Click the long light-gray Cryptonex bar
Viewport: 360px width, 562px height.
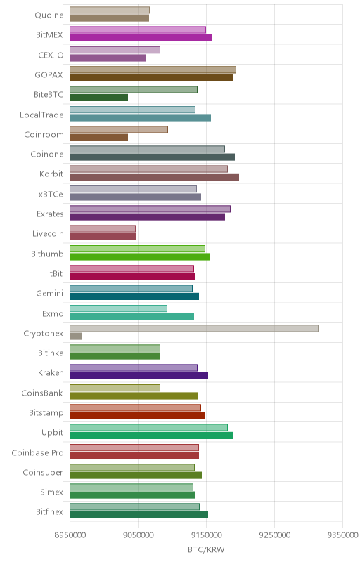[194, 328]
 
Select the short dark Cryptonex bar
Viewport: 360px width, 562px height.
[76, 336]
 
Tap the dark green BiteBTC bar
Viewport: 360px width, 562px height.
[98, 98]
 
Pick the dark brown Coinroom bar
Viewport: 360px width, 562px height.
[98, 137]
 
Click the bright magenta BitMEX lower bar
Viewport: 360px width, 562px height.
[141, 38]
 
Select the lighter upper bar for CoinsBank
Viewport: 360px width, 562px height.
[115, 388]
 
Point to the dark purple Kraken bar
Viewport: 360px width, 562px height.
[139, 376]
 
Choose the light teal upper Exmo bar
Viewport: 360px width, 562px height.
[118, 308]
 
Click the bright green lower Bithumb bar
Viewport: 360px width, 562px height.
[140, 256]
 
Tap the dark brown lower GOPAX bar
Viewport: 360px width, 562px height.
[151, 78]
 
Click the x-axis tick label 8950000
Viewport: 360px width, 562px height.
[70, 535]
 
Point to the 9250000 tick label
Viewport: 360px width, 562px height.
[275, 535]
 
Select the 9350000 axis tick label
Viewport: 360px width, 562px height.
[343, 535]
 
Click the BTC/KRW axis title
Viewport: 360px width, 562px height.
[206, 550]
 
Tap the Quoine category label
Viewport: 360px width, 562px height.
[49, 15]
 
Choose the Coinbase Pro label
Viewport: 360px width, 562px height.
[37, 452]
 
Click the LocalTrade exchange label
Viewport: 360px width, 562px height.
[41, 115]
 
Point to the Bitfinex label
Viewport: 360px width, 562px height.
[49, 512]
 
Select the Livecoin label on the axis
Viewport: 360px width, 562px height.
[48, 234]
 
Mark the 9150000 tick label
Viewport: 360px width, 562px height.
[206, 535]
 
